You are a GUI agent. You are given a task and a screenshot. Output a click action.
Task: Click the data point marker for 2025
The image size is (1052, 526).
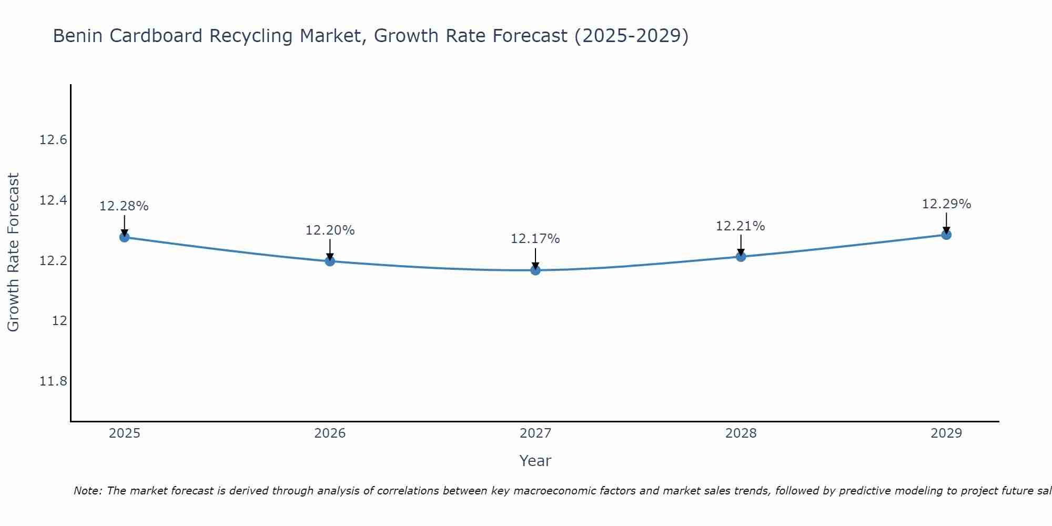click(124, 237)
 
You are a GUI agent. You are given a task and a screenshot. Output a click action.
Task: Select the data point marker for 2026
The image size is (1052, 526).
click(330, 261)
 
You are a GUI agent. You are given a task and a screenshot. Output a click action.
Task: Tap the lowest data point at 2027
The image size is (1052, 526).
click(535, 270)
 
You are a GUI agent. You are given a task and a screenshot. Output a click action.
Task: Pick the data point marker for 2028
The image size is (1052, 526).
click(741, 257)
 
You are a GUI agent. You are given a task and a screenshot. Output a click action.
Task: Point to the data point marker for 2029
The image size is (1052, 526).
click(946, 235)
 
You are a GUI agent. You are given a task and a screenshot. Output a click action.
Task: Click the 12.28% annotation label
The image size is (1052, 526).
click(124, 206)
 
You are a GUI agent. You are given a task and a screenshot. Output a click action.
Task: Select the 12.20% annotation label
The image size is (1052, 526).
click(330, 230)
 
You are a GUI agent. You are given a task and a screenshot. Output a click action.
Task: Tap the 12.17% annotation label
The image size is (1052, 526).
click(535, 239)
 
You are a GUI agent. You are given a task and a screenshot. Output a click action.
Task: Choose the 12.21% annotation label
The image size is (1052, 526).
click(741, 226)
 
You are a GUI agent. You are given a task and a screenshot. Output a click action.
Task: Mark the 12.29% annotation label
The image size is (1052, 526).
click(946, 204)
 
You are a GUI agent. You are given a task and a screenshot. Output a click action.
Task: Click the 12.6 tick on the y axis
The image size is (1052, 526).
click(53, 140)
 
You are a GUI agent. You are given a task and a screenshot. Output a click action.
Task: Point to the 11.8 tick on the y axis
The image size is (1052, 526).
click(53, 381)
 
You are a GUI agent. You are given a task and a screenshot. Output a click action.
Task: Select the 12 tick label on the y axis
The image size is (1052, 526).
click(59, 321)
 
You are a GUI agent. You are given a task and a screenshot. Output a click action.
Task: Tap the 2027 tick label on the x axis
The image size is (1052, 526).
click(535, 433)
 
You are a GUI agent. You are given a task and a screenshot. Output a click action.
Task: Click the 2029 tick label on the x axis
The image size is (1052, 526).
click(946, 433)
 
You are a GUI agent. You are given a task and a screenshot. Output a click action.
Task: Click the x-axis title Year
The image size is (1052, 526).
click(535, 461)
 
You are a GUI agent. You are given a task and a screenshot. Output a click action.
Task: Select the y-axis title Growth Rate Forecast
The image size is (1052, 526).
click(13, 252)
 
